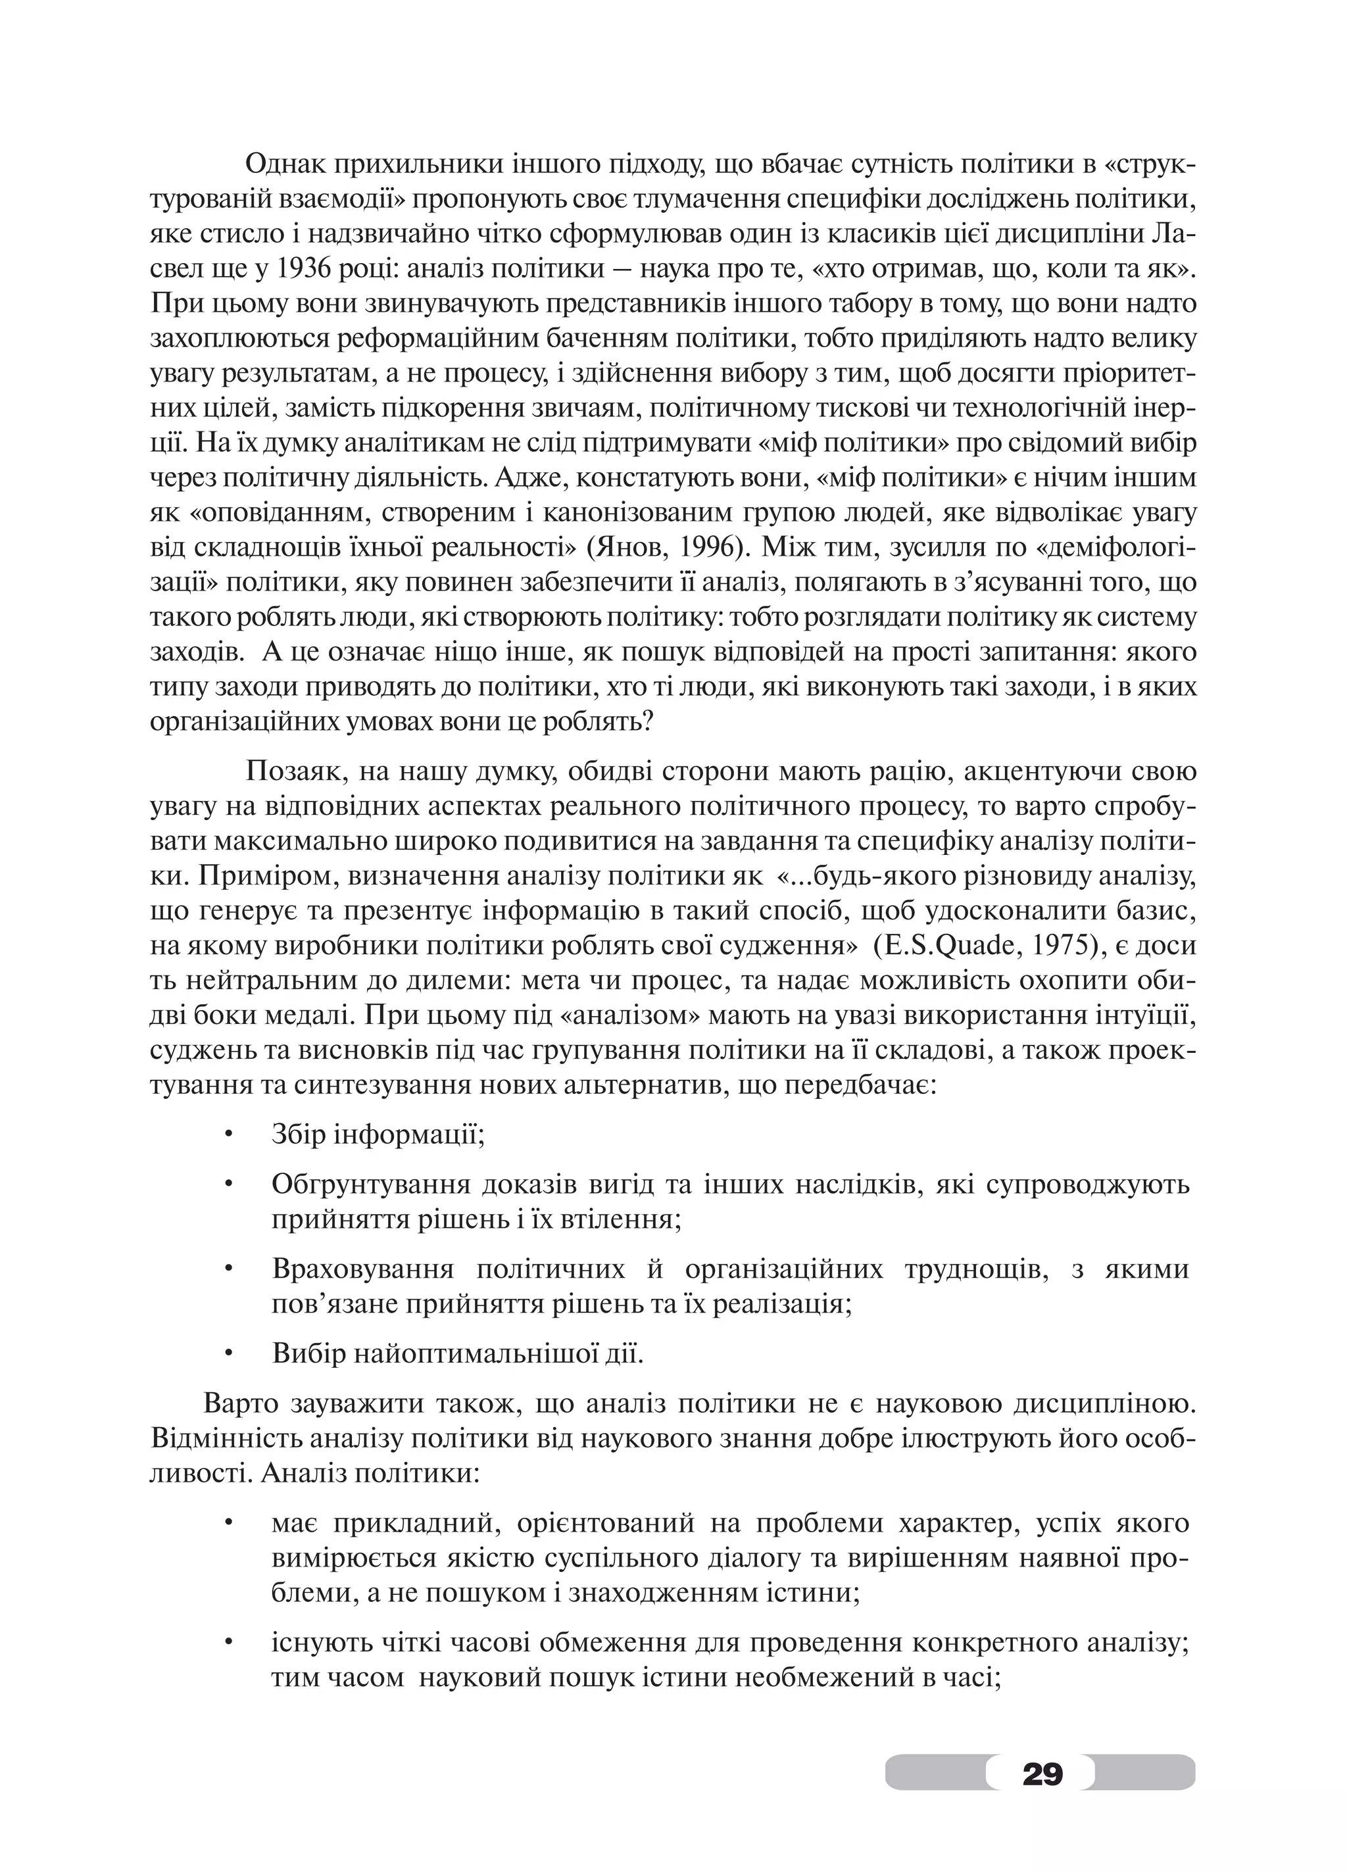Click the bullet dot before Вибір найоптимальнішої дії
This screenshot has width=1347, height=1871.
(228, 1353)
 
